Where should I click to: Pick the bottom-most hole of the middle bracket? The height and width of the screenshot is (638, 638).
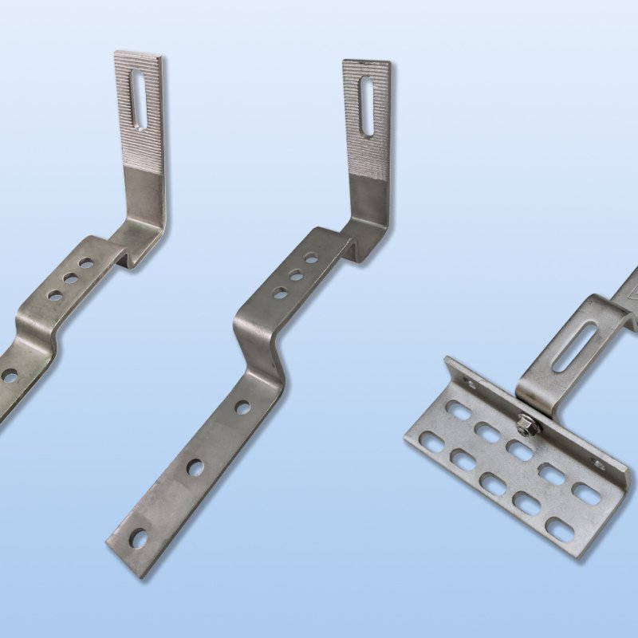139,539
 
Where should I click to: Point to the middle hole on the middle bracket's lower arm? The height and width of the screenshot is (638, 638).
195,468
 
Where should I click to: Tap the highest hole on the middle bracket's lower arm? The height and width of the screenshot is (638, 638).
242,408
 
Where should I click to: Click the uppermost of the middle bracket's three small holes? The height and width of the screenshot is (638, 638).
311,258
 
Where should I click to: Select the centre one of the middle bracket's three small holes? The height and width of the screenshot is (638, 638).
296,275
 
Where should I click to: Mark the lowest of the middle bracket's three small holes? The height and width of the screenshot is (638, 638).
281,293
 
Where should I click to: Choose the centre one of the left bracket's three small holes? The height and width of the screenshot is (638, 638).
71,278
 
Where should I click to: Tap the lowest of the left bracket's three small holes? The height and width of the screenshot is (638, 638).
55,295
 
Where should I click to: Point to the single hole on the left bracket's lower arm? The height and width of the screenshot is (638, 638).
10,375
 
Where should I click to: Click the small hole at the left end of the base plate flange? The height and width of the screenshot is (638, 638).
471,384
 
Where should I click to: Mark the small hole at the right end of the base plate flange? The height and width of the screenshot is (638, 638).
598,464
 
